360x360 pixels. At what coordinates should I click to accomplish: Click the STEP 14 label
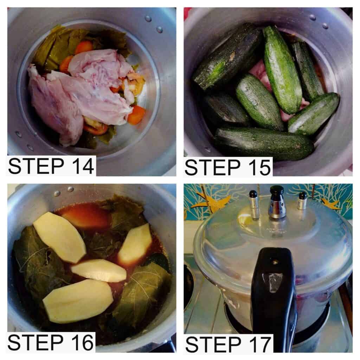pyautogui.click(x=51, y=166)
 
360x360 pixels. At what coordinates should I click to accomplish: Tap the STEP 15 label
pyautogui.click(x=228, y=167)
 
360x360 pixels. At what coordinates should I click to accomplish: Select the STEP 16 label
pyautogui.click(x=51, y=342)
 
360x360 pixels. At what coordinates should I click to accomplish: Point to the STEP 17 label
pyautogui.click(x=228, y=344)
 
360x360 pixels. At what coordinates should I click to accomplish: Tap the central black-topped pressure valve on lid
pyautogui.click(x=277, y=202)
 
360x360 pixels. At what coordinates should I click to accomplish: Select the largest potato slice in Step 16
pyautogui.click(x=78, y=301)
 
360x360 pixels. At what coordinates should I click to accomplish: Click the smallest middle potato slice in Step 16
pyautogui.click(x=99, y=270)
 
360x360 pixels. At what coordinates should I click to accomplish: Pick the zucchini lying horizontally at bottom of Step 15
pyautogui.click(x=264, y=143)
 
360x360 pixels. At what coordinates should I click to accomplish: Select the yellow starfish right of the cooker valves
pyautogui.click(x=330, y=202)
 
